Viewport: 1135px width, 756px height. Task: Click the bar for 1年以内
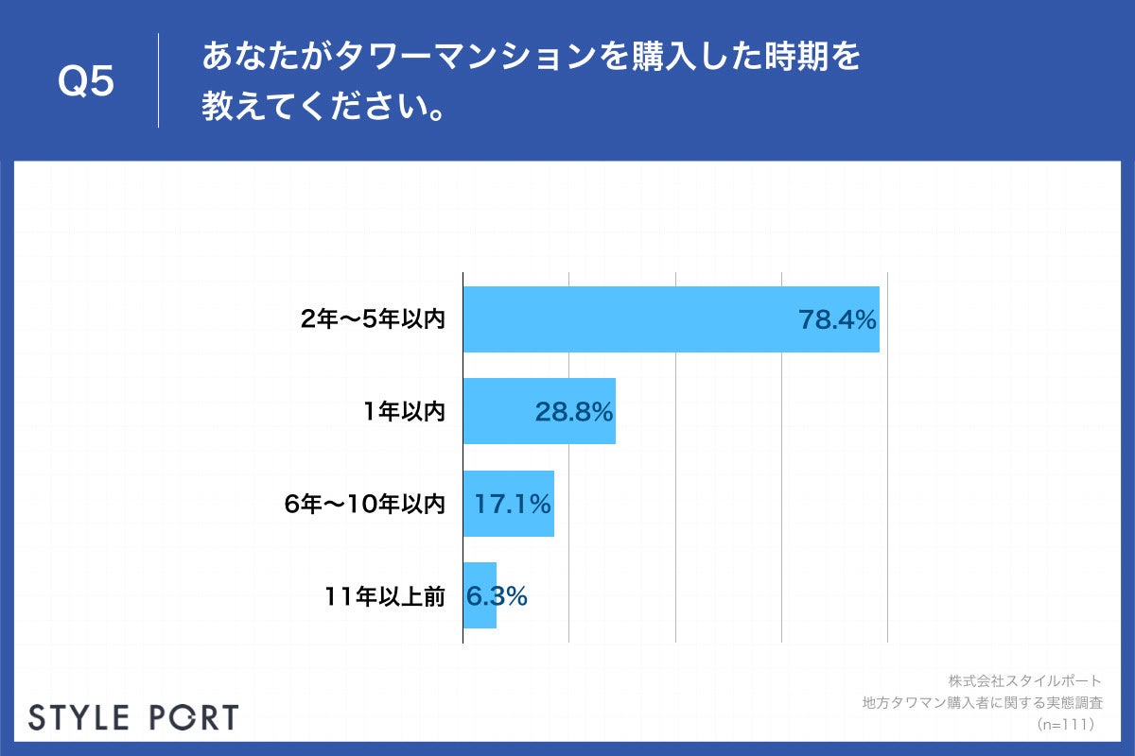coord(501,411)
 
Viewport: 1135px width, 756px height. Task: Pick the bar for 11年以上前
coord(480,595)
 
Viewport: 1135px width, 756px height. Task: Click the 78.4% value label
coord(838,320)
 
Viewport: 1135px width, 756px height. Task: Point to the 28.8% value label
coord(574,412)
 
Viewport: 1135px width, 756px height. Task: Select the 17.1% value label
coord(513,505)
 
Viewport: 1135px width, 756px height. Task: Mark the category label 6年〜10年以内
coord(364,505)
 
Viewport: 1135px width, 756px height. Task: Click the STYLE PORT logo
coord(133,716)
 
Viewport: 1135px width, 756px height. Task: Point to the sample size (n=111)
coord(1065,724)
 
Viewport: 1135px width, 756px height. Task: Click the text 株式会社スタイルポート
coord(1024,680)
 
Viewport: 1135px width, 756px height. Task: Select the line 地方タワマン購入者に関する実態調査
coord(982,702)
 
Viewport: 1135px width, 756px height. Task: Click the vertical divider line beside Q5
coord(158,80)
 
